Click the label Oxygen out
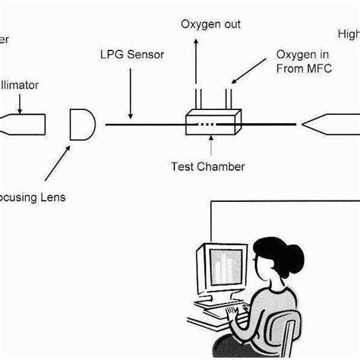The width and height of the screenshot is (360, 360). click(210, 24)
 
